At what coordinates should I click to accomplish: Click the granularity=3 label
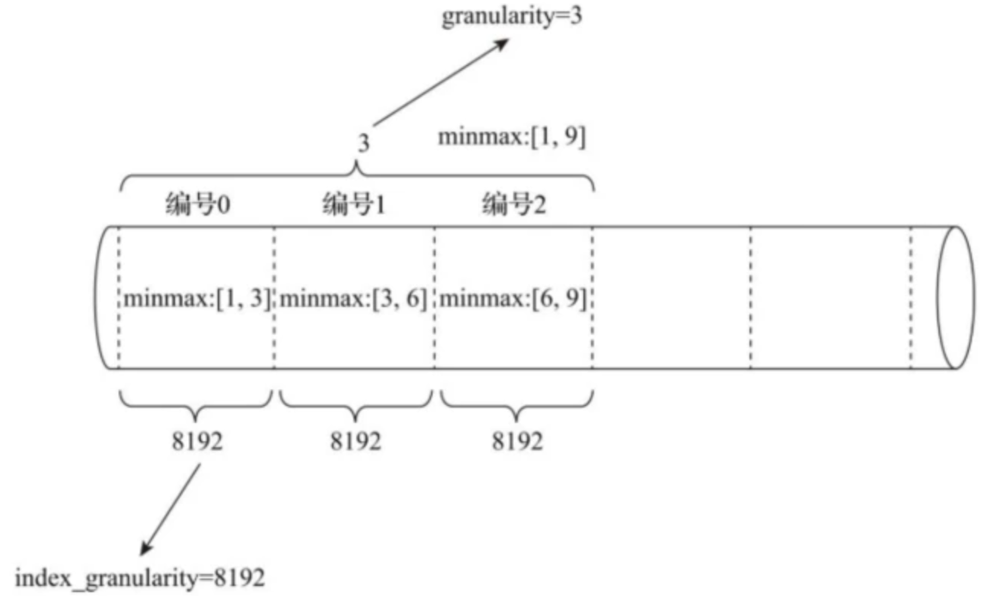click(x=511, y=15)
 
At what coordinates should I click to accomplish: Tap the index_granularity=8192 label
click(x=139, y=577)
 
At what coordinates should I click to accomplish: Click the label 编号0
click(x=197, y=203)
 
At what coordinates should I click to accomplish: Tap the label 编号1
click(x=354, y=203)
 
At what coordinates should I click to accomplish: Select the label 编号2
click(x=513, y=203)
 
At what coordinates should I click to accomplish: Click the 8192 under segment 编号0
click(x=197, y=441)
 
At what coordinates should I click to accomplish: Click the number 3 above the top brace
click(x=363, y=143)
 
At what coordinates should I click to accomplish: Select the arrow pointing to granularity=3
click(x=441, y=82)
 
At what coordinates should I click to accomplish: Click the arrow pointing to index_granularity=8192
click(x=170, y=510)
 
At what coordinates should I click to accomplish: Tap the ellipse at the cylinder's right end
click(x=955, y=298)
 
